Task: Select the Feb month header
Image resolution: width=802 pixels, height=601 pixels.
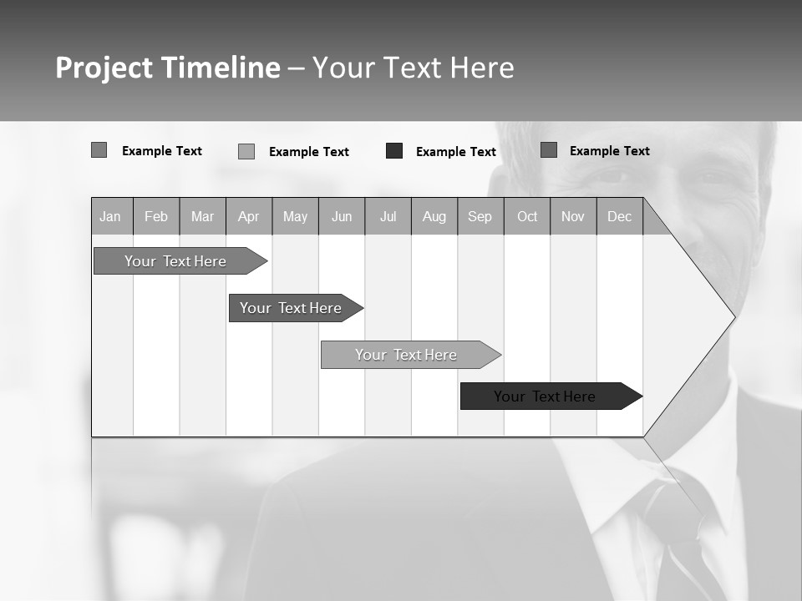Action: tap(156, 216)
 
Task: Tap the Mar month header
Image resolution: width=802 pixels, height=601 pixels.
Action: tap(202, 216)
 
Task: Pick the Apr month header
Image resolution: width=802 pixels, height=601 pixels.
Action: tap(249, 216)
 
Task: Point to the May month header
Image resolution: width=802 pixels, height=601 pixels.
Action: tap(295, 216)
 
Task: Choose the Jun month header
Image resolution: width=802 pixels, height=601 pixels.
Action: tap(342, 216)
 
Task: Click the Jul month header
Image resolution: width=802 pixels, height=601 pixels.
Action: tap(388, 216)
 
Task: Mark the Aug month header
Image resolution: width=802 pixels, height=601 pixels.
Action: tap(434, 216)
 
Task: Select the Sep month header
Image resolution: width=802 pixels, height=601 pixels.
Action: tap(480, 216)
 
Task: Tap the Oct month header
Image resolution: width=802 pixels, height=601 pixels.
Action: tap(527, 216)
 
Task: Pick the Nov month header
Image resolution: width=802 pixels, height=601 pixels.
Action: tap(573, 216)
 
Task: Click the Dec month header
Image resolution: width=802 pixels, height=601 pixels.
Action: tap(620, 216)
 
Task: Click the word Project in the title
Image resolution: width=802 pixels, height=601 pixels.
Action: tap(104, 68)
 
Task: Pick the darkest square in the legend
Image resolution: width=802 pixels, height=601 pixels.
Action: tap(394, 151)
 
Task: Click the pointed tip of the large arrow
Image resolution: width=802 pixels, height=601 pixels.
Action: tap(733, 316)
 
